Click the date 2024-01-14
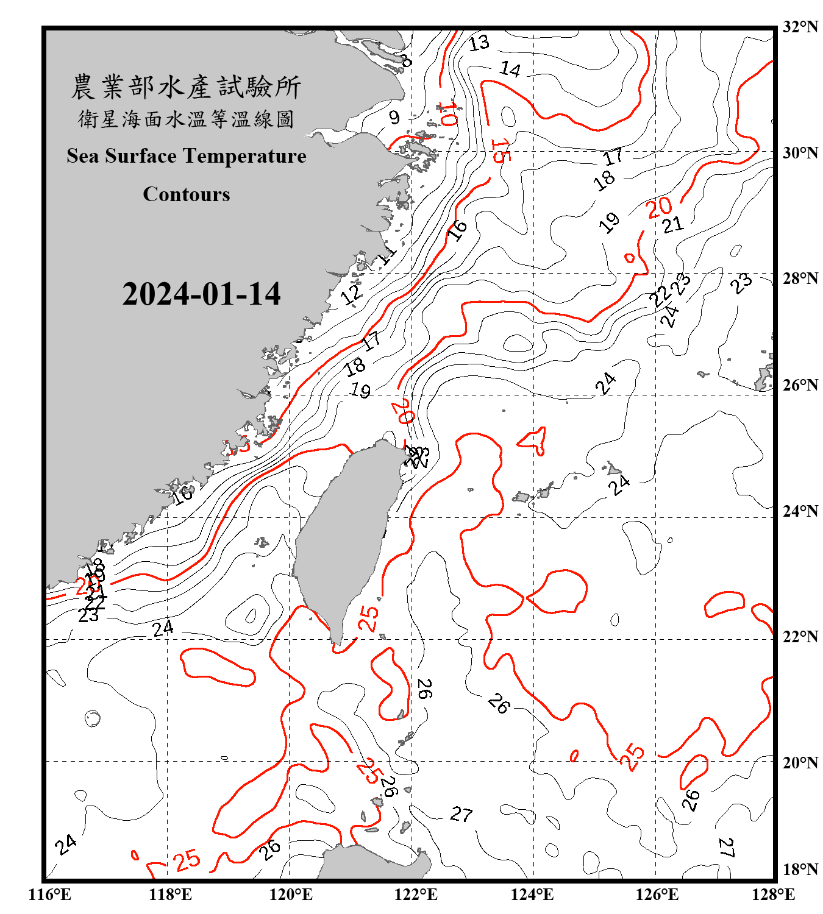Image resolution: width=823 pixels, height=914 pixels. point(201,294)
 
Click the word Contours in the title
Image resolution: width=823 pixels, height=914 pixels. point(187,194)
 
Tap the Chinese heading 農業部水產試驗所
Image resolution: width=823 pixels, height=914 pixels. point(186,87)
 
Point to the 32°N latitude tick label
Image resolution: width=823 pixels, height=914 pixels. point(800,27)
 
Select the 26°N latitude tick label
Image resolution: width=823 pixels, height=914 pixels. point(800,385)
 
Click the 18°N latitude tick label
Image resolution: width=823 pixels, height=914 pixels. point(800,870)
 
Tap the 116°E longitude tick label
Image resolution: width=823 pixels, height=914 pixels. point(50,895)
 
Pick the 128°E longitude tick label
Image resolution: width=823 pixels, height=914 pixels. point(773,895)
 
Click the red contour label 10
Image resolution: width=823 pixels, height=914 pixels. point(448,114)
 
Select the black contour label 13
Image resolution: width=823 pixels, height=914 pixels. point(479,43)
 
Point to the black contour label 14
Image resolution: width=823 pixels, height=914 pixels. point(510,69)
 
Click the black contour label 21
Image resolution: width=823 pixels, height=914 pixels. point(673,225)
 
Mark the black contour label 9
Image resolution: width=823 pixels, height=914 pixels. point(394,117)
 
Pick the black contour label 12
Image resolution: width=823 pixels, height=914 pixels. point(351,294)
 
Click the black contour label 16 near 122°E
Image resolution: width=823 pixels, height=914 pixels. point(457,230)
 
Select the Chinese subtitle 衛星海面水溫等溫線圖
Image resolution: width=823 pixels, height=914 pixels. point(186,119)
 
